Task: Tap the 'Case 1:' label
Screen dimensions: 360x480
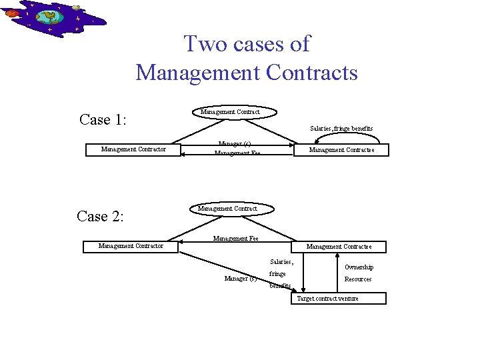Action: click(103, 119)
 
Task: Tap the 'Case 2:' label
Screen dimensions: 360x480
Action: click(102, 216)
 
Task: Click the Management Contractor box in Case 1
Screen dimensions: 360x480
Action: click(133, 149)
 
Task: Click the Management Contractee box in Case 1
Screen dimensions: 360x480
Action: click(341, 150)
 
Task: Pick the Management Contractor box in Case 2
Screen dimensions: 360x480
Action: click(131, 246)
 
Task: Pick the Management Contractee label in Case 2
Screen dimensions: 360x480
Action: click(339, 247)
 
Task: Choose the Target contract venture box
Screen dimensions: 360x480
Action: click(338, 298)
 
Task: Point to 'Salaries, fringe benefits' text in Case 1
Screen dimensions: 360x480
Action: click(341, 128)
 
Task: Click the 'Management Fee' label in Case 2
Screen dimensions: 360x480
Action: click(235, 238)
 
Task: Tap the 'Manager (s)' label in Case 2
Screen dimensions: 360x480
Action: click(241, 278)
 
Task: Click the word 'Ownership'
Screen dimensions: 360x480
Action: click(359, 267)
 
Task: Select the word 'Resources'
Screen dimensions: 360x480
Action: click(358, 279)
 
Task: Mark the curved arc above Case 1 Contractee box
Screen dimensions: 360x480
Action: click(347, 135)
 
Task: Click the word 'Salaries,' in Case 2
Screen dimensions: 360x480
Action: click(281, 262)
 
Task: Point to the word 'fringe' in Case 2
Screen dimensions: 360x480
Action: click(277, 274)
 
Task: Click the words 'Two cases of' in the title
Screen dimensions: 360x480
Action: click(247, 44)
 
